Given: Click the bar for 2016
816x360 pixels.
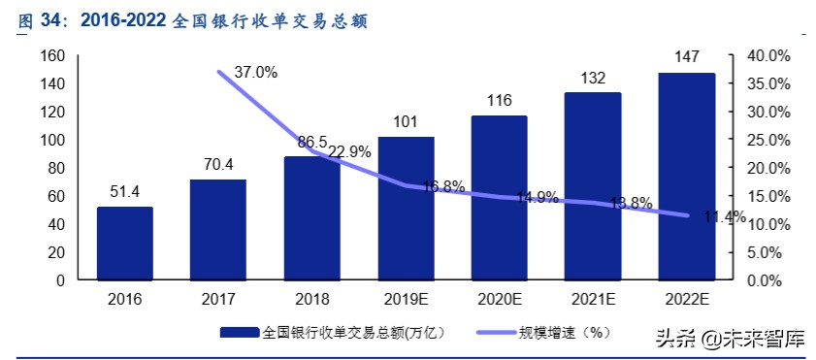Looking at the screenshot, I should [x=124, y=244].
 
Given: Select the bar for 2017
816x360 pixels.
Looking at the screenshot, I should [x=217, y=230].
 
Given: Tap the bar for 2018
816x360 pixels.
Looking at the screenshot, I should [x=311, y=218].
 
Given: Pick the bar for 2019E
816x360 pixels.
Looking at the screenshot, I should [x=406, y=209].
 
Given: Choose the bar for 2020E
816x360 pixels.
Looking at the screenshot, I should [x=499, y=198].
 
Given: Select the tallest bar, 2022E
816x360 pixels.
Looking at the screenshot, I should [x=686, y=177].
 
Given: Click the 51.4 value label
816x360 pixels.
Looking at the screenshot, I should [x=124, y=192].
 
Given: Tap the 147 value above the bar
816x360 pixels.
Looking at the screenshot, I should [x=686, y=59].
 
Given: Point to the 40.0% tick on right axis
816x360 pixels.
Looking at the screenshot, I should [x=766, y=55].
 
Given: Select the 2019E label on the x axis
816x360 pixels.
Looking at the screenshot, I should [x=406, y=299].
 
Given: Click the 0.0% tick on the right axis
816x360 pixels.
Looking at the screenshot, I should [x=762, y=280].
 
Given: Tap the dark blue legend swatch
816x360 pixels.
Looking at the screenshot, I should [x=238, y=332].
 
